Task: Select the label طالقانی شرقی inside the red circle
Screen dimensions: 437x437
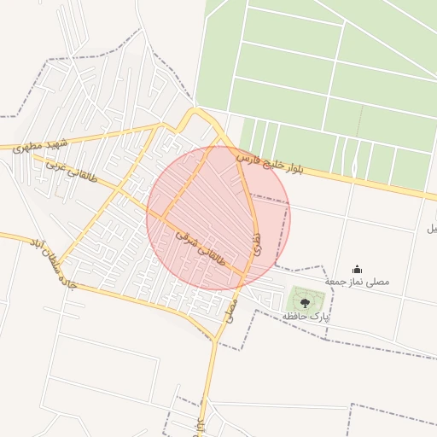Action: tap(201, 247)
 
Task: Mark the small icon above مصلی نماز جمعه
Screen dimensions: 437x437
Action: tap(357, 270)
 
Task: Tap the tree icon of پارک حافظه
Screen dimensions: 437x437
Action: tap(306, 302)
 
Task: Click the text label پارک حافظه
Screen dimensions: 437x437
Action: tap(306, 317)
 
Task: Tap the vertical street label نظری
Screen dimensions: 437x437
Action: tap(258, 239)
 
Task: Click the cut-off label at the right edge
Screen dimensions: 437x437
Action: tap(432, 229)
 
